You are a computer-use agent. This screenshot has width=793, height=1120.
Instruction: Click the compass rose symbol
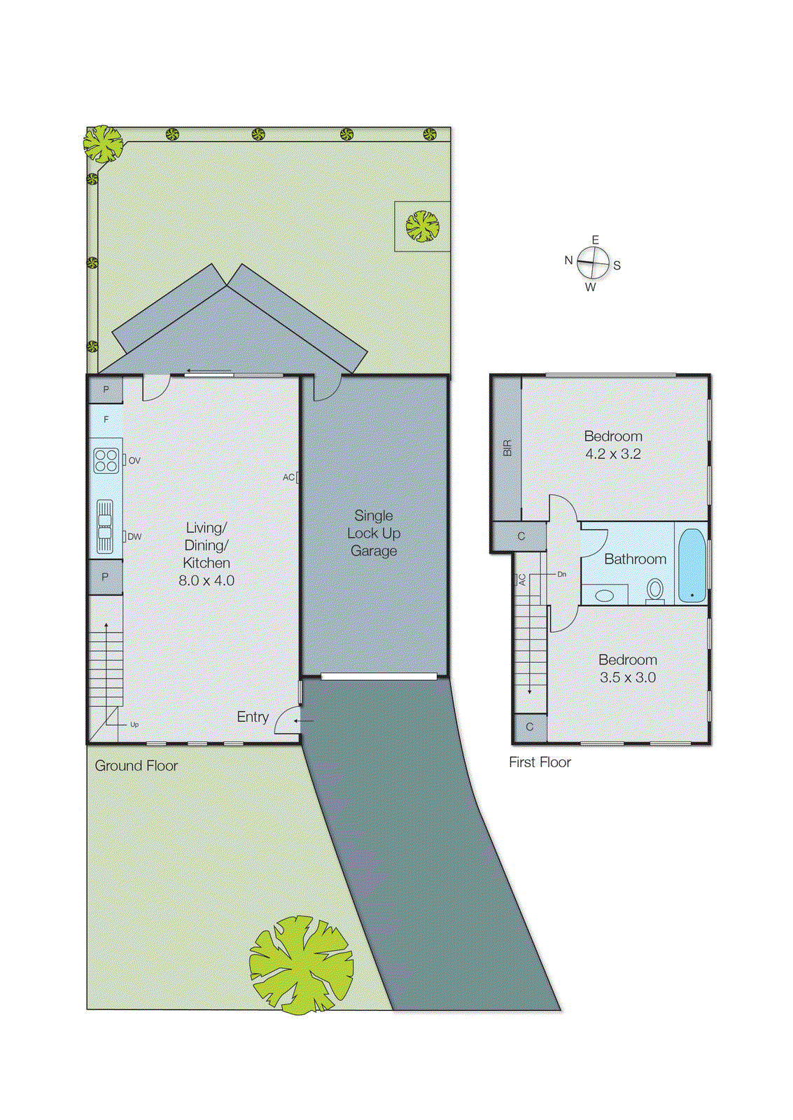point(594,264)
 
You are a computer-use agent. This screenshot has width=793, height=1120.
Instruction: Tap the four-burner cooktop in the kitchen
point(106,461)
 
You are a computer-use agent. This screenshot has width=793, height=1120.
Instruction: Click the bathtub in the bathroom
point(692,566)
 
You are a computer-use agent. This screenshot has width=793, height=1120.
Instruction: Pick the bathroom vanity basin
point(604,596)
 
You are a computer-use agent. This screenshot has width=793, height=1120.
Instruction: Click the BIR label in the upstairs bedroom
point(507,447)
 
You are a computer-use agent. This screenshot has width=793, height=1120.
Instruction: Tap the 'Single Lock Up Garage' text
point(374,533)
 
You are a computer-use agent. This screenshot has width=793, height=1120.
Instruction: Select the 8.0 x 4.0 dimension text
point(206,580)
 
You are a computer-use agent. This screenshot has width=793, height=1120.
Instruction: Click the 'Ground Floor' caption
point(136,766)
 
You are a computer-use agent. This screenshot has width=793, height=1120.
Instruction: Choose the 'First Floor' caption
point(540,762)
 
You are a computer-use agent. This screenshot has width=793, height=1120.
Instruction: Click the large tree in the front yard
point(301,965)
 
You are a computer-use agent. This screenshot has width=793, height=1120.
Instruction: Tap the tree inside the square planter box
point(422,226)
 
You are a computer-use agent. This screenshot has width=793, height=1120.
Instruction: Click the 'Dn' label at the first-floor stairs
point(561,574)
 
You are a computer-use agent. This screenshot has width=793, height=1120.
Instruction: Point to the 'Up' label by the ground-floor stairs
point(134,724)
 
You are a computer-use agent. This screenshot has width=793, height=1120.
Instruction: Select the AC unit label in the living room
point(288,477)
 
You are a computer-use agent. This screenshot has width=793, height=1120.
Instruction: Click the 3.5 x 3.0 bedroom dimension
point(628,678)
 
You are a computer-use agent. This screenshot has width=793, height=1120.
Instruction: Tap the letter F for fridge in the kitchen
point(106,419)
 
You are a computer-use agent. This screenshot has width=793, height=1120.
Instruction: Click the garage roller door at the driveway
point(379,676)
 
